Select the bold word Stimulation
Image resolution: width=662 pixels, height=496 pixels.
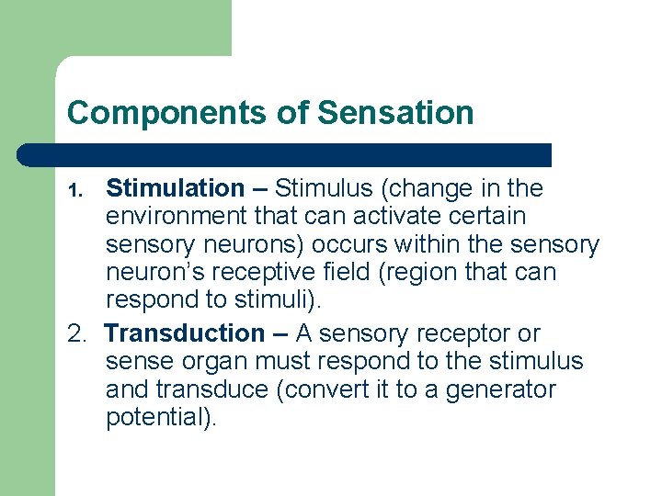click(x=175, y=189)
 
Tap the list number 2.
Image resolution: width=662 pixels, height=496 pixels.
click(x=77, y=334)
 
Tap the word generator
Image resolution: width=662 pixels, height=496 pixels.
click(x=500, y=390)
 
